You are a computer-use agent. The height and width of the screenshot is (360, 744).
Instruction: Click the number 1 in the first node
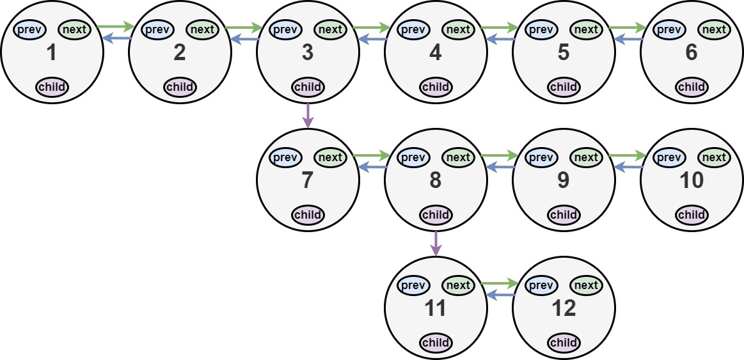point(51,53)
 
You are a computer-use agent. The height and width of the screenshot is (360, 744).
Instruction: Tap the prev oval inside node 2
point(157,29)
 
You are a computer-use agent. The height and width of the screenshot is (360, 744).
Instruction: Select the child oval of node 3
point(308,87)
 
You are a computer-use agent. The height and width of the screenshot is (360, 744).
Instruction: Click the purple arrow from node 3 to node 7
point(308,115)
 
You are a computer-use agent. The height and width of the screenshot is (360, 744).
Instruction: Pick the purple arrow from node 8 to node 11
point(436,243)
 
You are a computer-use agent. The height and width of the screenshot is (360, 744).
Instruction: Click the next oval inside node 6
point(714,29)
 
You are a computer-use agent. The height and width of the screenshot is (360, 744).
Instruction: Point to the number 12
point(563,309)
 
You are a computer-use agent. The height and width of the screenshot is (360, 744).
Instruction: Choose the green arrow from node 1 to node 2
point(116,27)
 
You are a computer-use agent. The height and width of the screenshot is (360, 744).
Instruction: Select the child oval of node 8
point(436,215)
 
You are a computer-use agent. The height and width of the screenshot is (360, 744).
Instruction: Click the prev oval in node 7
point(285,157)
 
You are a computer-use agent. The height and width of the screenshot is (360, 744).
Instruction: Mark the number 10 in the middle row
point(691,181)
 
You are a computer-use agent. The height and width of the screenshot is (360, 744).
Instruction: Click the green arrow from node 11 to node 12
point(500,283)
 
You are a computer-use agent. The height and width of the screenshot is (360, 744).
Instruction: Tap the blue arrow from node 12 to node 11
point(500,295)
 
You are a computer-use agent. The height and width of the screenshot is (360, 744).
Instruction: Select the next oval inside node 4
point(458,29)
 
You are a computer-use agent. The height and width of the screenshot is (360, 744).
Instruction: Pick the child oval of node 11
point(436,343)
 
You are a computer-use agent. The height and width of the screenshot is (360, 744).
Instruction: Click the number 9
point(563,181)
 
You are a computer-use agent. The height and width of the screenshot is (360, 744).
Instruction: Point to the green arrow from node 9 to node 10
point(628,155)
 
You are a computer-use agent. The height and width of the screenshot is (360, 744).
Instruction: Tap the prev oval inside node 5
point(541,29)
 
